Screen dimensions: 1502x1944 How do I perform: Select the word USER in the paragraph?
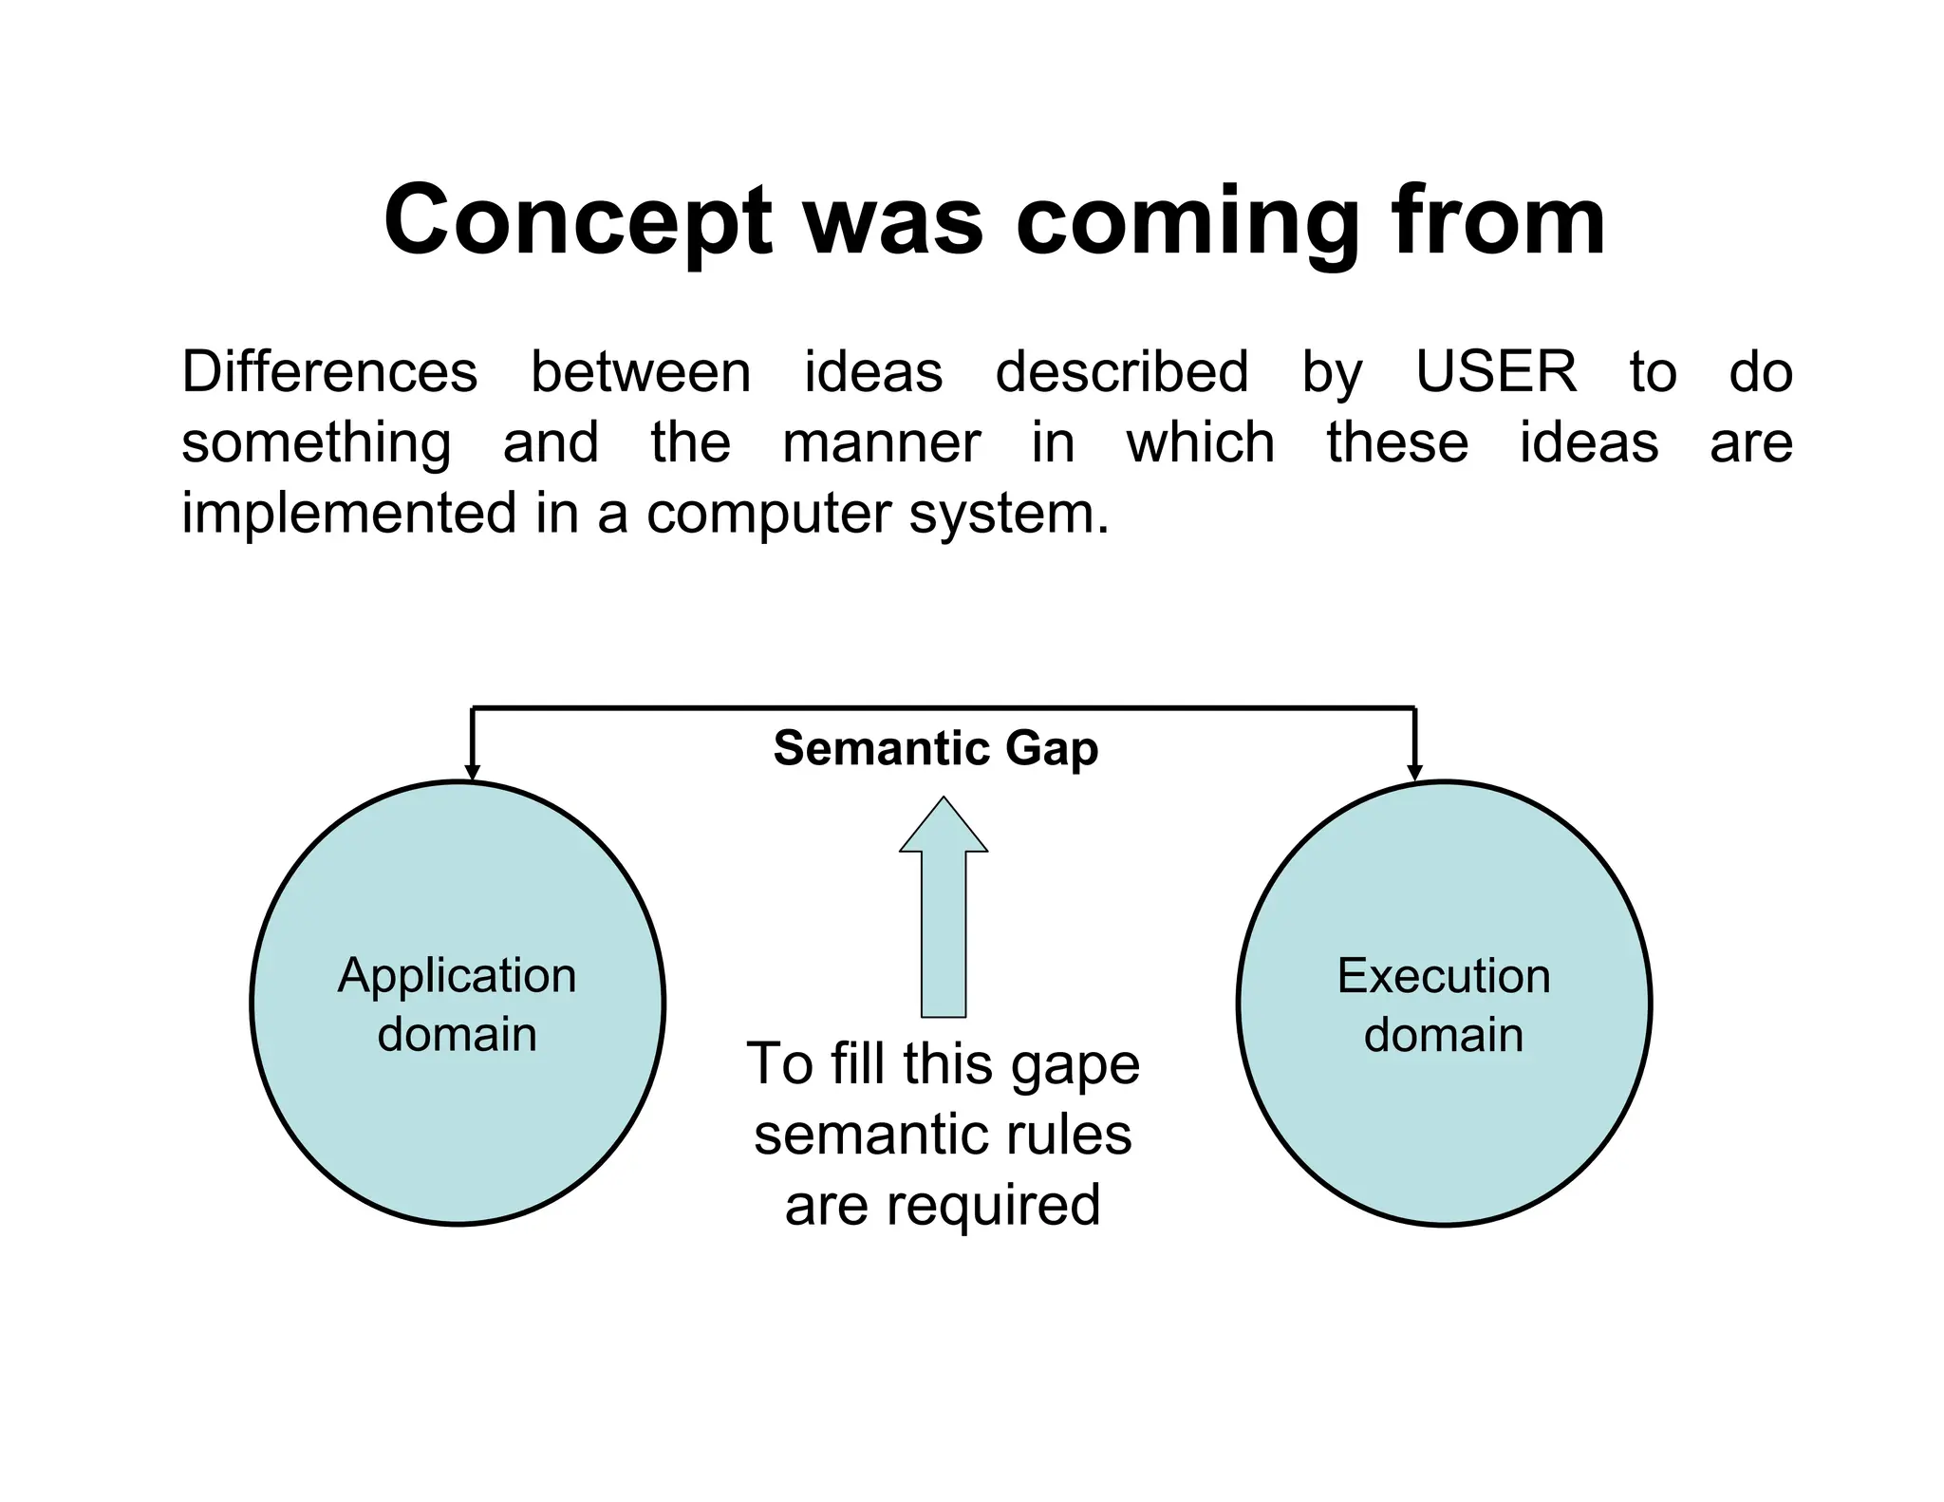coord(1496,371)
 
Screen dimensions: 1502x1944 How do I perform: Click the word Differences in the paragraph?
coord(329,371)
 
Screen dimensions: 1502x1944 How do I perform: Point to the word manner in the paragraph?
coord(881,442)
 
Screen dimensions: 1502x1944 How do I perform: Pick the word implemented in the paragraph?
coord(349,514)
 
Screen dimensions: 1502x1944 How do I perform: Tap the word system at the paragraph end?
coord(1009,514)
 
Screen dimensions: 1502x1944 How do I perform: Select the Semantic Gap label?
coord(936,748)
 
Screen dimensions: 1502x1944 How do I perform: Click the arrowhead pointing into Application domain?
coord(472,772)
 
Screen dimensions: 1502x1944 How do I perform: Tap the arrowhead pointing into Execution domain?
coord(1414,772)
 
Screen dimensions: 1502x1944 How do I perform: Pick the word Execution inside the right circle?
coord(1444,976)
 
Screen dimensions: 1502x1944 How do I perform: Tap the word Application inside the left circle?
coord(458,976)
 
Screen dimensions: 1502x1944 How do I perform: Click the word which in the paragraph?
coord(1200,442)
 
